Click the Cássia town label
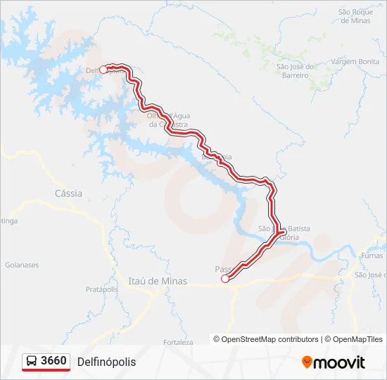point(68,193)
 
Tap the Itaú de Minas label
point(158,281)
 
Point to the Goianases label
point(21,265)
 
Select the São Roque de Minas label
point(354,16)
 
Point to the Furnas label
point(371,256)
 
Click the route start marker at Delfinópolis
point(103,69)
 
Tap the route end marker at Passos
point(225,279)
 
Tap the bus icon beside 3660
point(32,361)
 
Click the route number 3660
point(54,361)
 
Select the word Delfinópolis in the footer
point(106,362)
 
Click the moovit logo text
point(339,362)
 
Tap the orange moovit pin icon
point(307,362)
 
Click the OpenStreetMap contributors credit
point(270,339)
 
